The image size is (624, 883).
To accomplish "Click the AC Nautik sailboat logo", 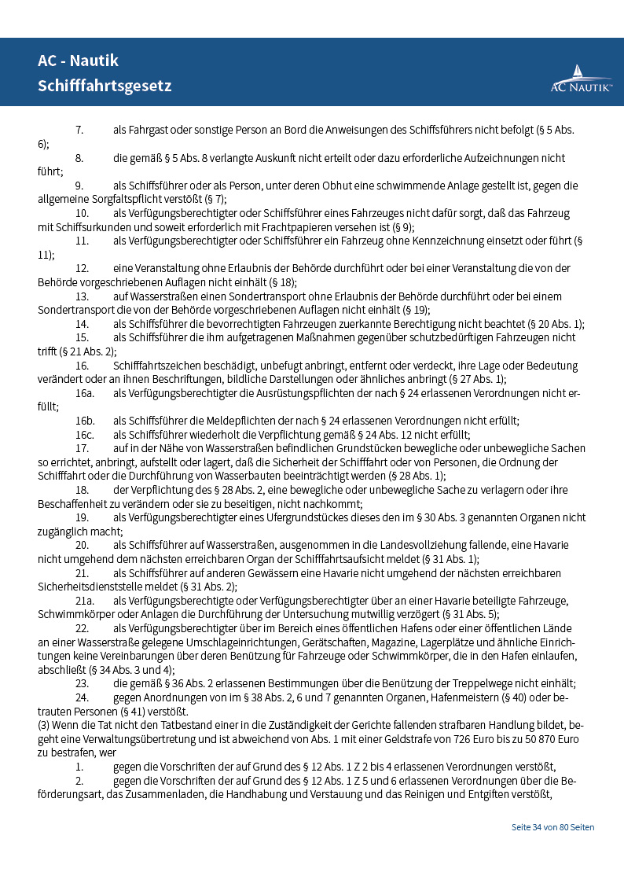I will click(x=581, y=79).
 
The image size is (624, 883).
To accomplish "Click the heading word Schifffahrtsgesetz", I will click(x=105, y=86).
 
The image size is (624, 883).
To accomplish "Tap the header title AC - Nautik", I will click(x=78, y=61).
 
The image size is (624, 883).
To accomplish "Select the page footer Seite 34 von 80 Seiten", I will click(x=552, y=827).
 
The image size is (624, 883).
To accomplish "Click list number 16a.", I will click(x=85, y=392).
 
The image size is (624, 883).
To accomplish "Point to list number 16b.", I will click(x=85, y=421).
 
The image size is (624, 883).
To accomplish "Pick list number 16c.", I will click(x=85, y=434).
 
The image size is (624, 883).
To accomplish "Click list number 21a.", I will click(x=85, y=601).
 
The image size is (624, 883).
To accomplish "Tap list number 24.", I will click(x=82, y=697).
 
